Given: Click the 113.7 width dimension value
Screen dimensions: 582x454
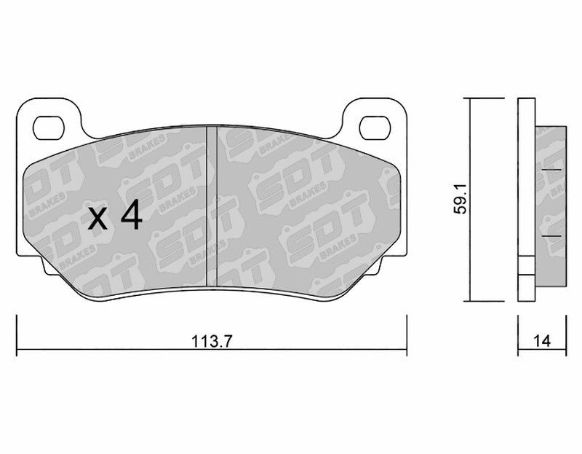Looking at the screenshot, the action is (x=212, y=341).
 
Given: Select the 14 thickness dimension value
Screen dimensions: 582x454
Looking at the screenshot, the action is (x=542, y=341).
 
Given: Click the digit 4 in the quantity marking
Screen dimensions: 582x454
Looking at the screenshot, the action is (x=132, y=215).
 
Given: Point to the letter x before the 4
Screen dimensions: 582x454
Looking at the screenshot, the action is (x=98, y=219).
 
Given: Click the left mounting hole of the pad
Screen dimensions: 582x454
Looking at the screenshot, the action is (x=48, y=128).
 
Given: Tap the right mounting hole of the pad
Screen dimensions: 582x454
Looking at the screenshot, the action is (x=375, y=128).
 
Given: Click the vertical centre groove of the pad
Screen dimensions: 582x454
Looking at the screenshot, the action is (x=212, y=206).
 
